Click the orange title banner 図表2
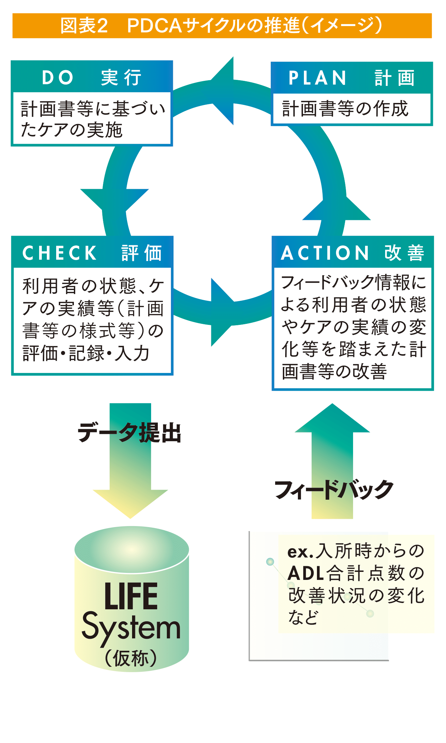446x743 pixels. coord(222,26)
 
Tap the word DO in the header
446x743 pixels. coord(58,78)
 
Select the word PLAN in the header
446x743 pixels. coord(317,78)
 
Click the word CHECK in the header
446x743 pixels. coord(60,253)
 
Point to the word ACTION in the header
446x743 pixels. coord(325,253)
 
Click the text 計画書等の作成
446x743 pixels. coord(345,109)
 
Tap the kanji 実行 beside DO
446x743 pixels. coord(121,78)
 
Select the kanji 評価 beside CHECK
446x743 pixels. coord(141,253)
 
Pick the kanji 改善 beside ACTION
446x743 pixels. coord(404,253)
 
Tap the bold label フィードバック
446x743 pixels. coord(334,490)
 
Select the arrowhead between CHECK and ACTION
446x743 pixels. coord(222,312)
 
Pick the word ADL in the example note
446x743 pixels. coord(306,573)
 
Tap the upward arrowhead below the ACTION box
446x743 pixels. coord(332,418)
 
